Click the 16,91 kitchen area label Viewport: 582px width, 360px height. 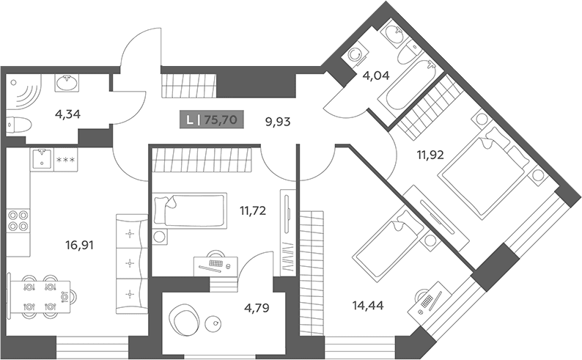[79, 245]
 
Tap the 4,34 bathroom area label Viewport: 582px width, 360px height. [67, 114]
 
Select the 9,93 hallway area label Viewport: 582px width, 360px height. [278, 122]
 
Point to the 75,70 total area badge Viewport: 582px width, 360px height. [212, 120]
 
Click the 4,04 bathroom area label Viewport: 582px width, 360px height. [376, 76]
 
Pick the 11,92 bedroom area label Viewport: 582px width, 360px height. [430, 155]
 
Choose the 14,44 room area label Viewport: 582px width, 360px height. [368, 306]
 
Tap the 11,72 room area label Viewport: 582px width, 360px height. [253, 211]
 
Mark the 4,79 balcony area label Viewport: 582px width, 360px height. [257, 308]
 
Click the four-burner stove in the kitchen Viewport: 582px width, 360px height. [18, 220]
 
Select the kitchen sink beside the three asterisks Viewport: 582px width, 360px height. [42, 160]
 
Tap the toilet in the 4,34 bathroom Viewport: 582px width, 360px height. [19, 125]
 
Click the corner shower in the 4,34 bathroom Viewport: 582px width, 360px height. [23, 92]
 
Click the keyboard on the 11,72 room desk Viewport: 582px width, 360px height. [216, 263]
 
